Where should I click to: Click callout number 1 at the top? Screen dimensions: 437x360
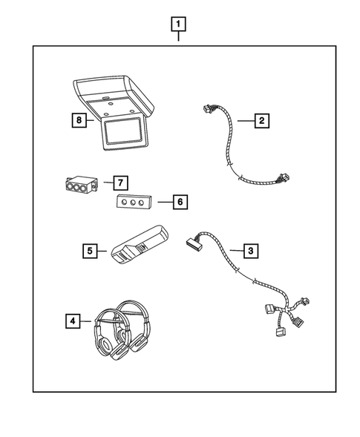(178, 23)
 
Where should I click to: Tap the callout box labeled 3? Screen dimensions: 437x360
(252, 251)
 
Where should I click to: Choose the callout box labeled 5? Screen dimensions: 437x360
(90, 251)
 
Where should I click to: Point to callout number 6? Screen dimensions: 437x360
(178, 200)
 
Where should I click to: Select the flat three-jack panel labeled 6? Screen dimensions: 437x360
(135, 203)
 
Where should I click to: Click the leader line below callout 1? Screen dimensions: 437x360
(178, 38)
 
